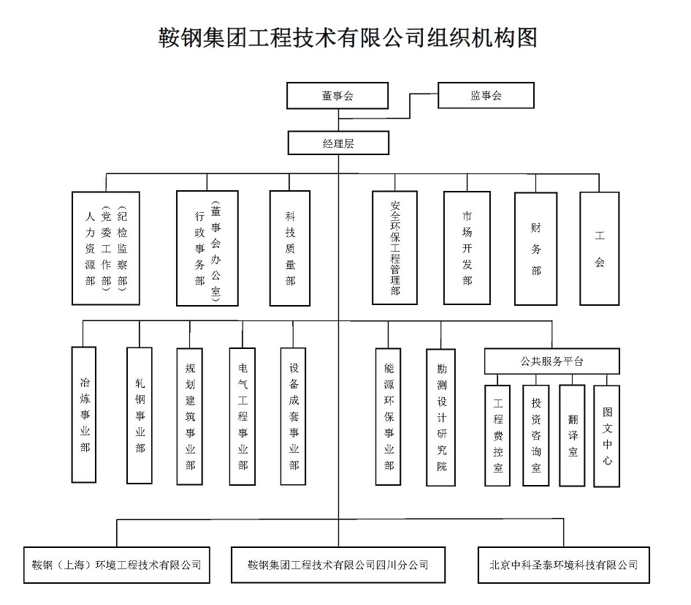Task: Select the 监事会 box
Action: [x=486, y=96]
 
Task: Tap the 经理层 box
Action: [x=338, y=143]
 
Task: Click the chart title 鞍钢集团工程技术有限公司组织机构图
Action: [x=348, y=37]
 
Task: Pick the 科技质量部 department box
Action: [x=290, y=248]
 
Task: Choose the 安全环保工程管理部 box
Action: [x=394, y=248]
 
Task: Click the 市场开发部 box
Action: [x=467, y=248]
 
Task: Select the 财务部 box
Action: [x=536, y=249]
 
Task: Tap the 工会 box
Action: [x=599, y=249]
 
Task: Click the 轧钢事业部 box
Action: [x=140, y=415]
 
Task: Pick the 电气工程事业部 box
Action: [x=243, y=416]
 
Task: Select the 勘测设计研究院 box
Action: [x=441, y=416]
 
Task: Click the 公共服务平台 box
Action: [x=552, y=361]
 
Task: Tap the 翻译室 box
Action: [x=572, y=435]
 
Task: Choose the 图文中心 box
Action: [x=607, y=436]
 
